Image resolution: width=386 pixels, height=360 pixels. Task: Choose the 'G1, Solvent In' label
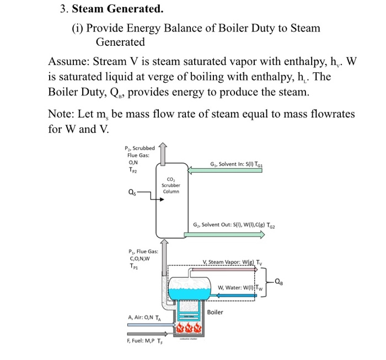point(235,164)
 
